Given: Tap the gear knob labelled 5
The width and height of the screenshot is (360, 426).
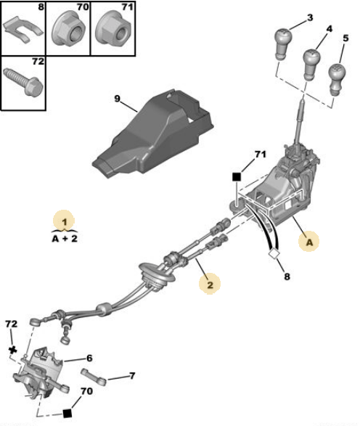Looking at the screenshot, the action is pos(337,79).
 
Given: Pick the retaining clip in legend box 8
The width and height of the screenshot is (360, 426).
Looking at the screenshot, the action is pos(22,29).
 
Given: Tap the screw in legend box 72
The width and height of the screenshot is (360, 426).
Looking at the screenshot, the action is pos(22,81).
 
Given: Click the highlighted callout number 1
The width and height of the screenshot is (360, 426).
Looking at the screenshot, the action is pos(64,222).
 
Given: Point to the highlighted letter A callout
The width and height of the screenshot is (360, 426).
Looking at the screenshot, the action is pos(309,242).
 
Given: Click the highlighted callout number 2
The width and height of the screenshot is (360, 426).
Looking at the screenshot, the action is pos(210,284).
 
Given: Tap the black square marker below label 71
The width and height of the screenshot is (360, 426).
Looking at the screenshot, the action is pos(237,177).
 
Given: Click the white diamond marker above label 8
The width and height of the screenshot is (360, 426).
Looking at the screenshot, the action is pos(274,254).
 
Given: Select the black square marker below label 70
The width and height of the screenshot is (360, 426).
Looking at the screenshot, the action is pos(67,413).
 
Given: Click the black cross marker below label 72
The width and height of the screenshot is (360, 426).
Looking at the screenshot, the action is pos(12,350).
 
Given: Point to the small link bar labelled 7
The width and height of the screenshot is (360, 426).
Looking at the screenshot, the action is pos(94,377).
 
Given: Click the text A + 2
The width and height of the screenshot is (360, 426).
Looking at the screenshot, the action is pos(65,239).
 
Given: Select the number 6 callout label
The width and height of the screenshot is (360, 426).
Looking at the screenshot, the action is pos(89,358).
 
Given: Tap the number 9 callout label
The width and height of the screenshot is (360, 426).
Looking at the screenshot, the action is pos(117,99).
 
